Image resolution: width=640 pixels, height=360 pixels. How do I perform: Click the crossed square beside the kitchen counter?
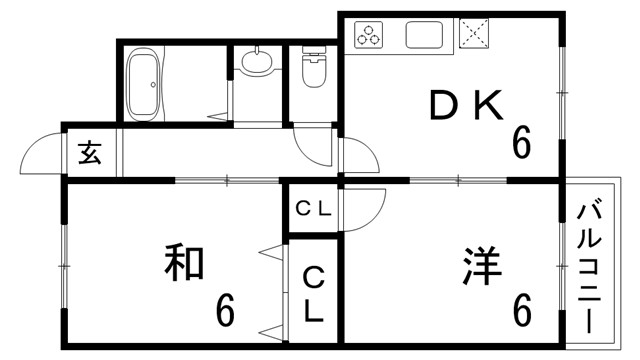tap(472, 35)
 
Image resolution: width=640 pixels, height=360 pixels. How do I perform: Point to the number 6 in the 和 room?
tap(226, 310)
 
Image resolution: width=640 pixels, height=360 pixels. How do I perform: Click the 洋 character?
tap(482, 264)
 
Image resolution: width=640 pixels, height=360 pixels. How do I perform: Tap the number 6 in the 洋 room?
tap(522, 310)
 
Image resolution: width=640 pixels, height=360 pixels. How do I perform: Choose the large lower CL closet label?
tap(314, 292)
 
